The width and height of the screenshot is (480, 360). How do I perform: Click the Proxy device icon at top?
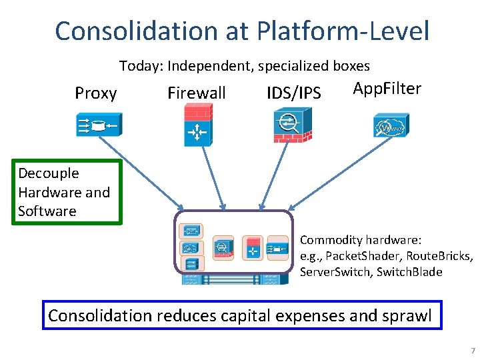[x=96, y=125]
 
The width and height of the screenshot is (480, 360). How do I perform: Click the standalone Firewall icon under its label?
[x=197, y=127]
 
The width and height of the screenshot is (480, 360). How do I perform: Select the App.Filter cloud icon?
[x=390, y=125]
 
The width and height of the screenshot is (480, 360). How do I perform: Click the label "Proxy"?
[x=96, y=93]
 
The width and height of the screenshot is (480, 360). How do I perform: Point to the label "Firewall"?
[x=197, y=93]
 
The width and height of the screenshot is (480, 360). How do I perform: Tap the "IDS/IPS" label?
[x=293, y=93]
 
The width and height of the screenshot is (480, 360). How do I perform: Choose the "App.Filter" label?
[x=387, y=89]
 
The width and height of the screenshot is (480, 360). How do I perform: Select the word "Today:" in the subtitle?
[x=141, y=66]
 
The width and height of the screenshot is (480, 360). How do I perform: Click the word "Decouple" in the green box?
[x=49, y=173]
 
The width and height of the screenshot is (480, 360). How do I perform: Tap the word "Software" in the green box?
[x=47, y=211]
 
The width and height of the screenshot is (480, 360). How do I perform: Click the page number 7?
[x=473, y=351]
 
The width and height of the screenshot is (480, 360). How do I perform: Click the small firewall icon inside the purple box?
[x=254, y=247]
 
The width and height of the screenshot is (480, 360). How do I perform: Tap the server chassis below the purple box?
[x=233, y=279]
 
